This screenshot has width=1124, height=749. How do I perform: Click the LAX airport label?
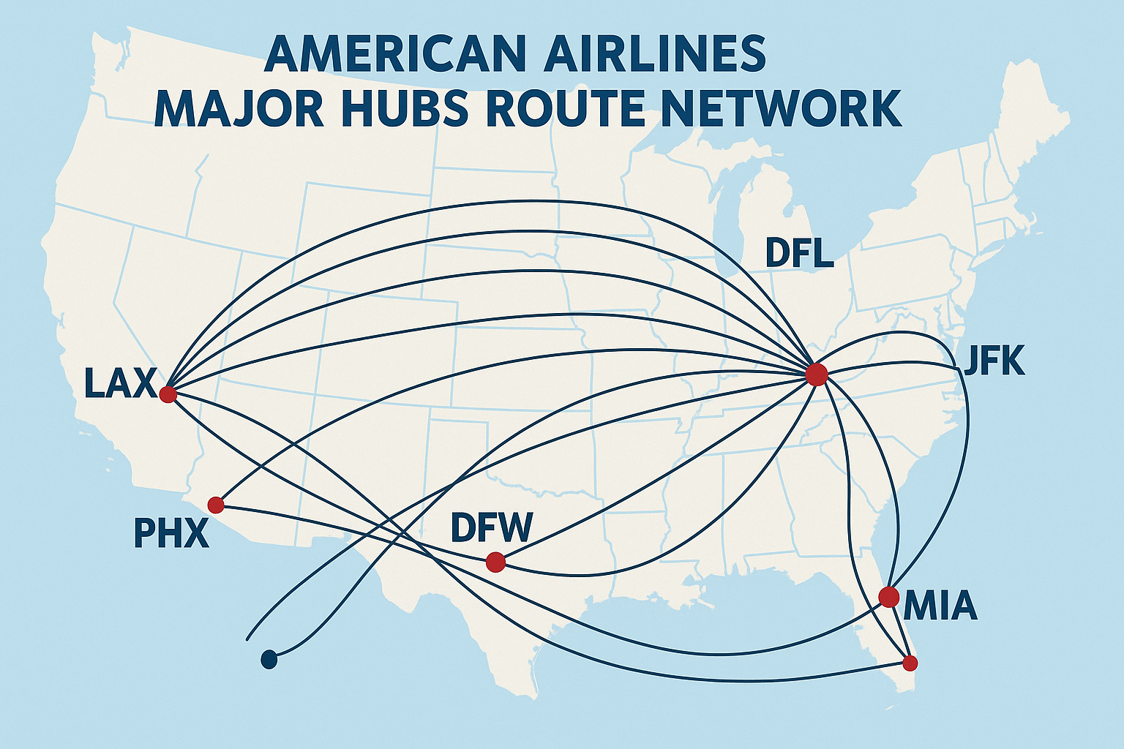click(x=120, y=383)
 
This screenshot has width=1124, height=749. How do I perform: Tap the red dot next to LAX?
click(x=168, y=394)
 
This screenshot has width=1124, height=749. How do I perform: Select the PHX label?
click(x=171, y=533)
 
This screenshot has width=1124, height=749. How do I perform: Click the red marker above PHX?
click(x=216, y=505)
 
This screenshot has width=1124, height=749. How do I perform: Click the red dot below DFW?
click(x=495, y=562)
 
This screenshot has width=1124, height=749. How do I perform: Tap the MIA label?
click(x=940, y=606)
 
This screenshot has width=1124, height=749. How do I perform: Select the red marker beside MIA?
click(x=888, y=596)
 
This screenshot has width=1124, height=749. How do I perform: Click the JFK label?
click(x=994, y=361)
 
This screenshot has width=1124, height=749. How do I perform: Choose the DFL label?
click(x=799, y=253)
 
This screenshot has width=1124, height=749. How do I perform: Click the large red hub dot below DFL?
click(x=816, y=374)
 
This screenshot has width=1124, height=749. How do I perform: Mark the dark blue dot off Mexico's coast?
click(x=269, y=660)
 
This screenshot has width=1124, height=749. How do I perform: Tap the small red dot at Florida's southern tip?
click(x=910, y=663)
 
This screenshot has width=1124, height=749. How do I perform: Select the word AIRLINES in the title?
click(x=653, y=53)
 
